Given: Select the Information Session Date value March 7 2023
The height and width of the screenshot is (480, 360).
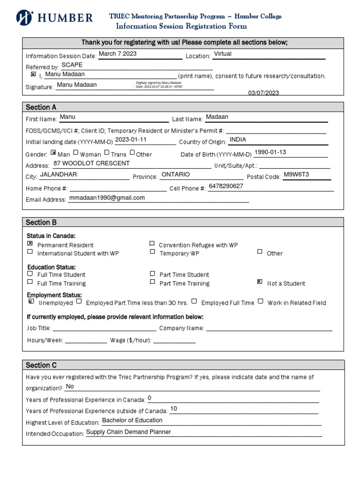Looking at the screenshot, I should [117, 54].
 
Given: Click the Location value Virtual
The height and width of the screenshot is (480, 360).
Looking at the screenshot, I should [223, 54].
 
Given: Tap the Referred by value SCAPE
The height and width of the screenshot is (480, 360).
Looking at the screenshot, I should [72, 65].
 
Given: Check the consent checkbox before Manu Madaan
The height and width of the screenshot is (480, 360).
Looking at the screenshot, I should [33, 74].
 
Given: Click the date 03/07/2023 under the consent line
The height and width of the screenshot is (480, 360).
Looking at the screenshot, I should [263, 93].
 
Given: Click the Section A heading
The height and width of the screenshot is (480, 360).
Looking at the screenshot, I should [41, 107].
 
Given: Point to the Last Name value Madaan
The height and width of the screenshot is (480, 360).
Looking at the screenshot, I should [217, 117].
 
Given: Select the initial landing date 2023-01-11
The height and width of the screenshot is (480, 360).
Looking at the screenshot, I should [131, 140].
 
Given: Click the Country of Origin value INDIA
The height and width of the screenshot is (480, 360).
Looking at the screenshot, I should [238, 140].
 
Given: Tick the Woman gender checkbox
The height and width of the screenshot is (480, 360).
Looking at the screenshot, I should [75, 152].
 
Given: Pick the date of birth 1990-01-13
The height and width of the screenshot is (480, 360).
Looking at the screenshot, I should [270, 152].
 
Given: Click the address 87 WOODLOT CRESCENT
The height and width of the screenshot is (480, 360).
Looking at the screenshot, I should [91, 164].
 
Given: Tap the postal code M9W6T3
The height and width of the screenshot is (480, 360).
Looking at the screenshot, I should [296, 175].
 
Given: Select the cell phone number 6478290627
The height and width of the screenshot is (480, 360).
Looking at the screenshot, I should [226, 186].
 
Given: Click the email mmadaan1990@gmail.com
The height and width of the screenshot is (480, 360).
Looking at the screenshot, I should [107, 198].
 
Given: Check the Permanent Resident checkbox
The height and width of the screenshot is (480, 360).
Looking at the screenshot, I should [30, 243].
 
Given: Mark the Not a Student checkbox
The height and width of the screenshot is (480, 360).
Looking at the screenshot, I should [260, 282].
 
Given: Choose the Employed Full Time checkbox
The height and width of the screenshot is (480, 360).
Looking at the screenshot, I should [194, 301].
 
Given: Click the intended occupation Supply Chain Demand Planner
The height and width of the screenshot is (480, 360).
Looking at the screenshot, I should [128, 432].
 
